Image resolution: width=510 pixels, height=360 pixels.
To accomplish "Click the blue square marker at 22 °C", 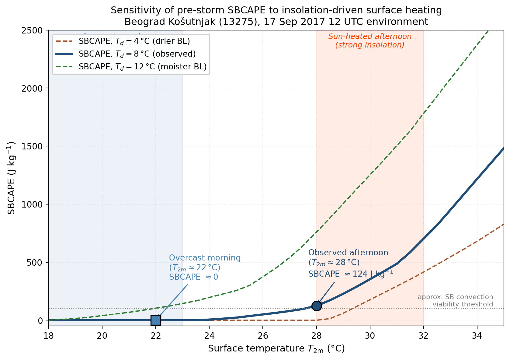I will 156,320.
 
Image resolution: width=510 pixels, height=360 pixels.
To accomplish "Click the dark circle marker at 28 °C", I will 317,306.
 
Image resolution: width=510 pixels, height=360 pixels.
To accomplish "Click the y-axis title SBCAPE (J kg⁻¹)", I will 11,178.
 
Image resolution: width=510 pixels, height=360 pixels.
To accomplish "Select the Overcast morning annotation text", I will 205,258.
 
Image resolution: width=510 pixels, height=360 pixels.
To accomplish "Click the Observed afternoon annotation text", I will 348,253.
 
